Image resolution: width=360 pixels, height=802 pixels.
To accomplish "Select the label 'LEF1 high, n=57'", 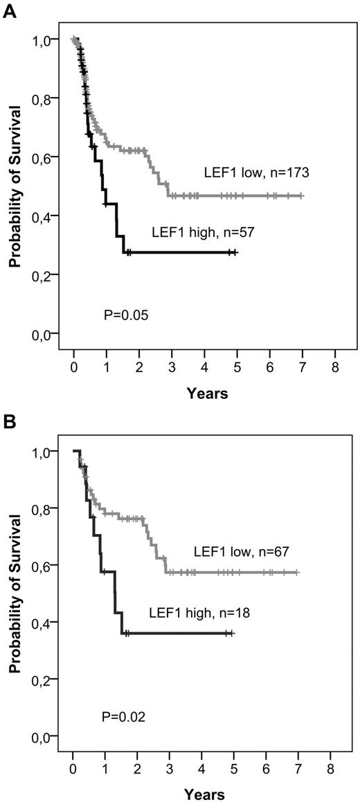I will (197, 234).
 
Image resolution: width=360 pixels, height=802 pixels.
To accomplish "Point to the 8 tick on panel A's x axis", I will (335, 366).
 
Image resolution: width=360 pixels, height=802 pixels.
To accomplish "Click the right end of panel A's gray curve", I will (303, 196).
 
